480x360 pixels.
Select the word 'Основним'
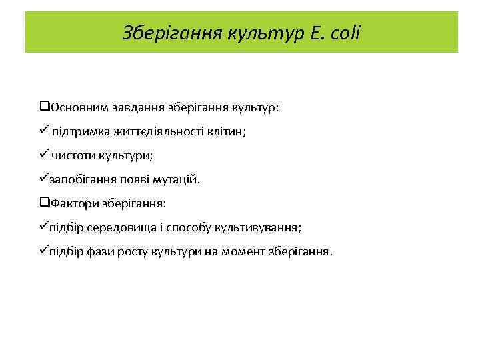click(76, 108)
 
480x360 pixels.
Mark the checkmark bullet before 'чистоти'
click(43, 155)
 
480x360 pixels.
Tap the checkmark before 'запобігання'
click(43, 179)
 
